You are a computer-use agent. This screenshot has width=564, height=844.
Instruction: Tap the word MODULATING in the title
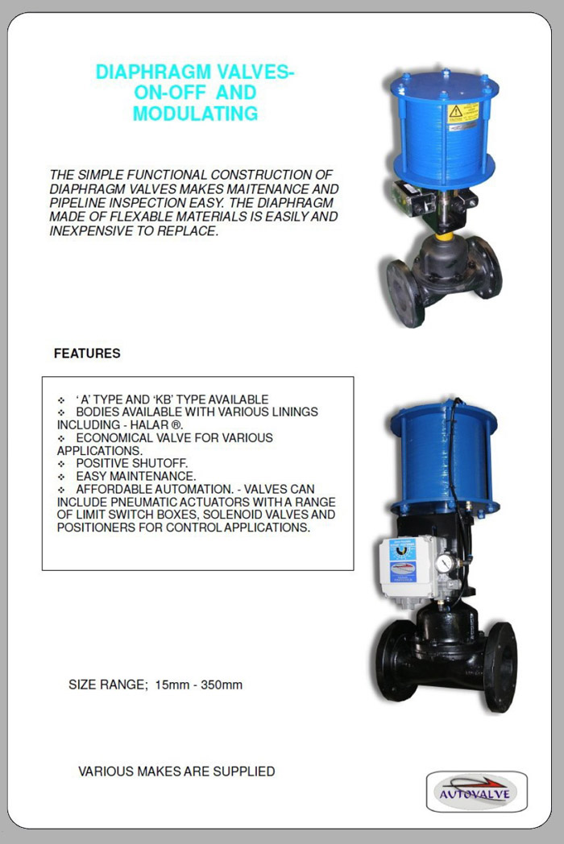[x=195, y=114]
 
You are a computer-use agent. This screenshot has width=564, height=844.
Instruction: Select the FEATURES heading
[x=87, y=354]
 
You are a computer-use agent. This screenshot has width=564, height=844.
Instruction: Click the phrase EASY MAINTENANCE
[x=136, y=477]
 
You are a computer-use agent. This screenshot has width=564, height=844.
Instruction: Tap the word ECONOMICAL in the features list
[x=119, y=438]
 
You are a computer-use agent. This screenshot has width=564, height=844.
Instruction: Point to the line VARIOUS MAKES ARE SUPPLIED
[x=176, y=772]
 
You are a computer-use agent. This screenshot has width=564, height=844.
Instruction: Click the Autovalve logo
[x=476, y=792]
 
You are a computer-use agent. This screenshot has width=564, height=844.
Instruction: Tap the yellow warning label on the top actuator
[x=462, y=112]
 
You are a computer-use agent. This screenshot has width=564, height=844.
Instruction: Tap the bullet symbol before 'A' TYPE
[x=61, y=400]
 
